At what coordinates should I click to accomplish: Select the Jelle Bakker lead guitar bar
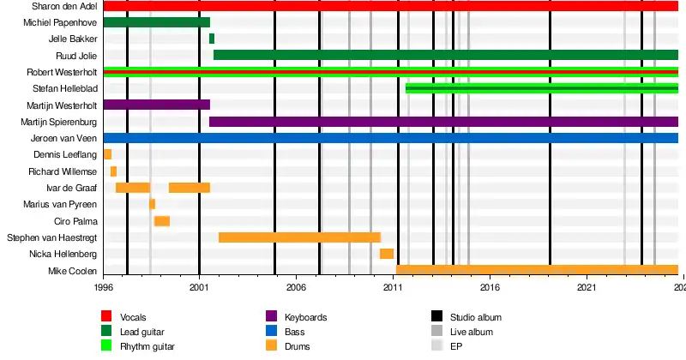coord(212,39)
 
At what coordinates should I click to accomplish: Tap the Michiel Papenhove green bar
coord(156,22)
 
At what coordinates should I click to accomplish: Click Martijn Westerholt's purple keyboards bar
coord(156,105)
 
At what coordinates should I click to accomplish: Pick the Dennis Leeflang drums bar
coord(107,154)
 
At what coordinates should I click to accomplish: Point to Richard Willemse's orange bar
coord(113,171)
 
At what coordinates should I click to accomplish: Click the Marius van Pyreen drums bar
coord(152,204)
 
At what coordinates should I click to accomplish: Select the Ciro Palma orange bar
coord(161,221)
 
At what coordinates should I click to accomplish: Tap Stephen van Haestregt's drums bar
coord(299,237)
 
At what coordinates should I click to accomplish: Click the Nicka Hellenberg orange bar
coord(387,254)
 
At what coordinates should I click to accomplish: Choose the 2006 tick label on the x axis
coord(297,289)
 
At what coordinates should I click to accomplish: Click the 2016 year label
coord(490,289)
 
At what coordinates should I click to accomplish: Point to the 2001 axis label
coord(200,289)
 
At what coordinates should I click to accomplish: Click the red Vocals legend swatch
coord(106,317)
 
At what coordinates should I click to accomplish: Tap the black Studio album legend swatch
coord(436,317)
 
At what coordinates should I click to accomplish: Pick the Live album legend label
coord(472,332)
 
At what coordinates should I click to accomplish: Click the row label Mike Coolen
coord(73,271)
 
